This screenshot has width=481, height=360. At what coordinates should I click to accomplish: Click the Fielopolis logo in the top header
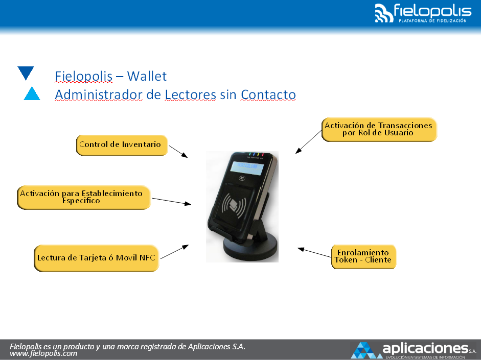click(423, 13)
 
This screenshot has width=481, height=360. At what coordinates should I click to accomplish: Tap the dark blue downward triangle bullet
click(26, 73)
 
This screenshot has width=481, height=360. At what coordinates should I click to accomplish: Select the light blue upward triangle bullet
click(32, 93)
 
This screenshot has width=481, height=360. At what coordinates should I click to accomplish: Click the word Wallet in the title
click(147, 76)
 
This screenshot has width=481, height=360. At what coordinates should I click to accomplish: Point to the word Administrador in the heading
click(99, 94)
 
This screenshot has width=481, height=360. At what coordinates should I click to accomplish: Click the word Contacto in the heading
click(268, 94)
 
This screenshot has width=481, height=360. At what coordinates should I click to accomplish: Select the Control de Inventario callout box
click(122, 145)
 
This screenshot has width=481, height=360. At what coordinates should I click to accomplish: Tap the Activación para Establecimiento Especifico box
click(84, 197)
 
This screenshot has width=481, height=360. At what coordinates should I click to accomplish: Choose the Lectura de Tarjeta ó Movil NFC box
click(96, 258)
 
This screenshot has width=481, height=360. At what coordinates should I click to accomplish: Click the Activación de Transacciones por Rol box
click(379, 130)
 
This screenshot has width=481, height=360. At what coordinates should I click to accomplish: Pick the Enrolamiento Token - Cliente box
click(363, 257)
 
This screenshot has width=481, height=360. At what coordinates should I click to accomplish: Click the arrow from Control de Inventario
click(178, 152)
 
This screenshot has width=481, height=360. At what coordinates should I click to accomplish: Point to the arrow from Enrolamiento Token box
click(314, 252)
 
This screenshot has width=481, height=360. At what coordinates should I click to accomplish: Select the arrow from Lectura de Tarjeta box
click(174, 252)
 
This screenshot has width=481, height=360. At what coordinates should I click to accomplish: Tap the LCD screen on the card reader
click(247, 167)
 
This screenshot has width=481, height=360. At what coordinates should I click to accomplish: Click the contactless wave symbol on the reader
click(234, 204)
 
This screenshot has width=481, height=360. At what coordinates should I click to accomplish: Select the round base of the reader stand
click(250, 247)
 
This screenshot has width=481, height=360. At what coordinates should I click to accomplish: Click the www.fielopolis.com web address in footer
click(43, 353)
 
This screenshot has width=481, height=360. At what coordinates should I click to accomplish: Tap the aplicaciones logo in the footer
click(413, 350)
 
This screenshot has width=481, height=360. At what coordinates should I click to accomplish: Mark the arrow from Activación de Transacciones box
click(309, 142)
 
